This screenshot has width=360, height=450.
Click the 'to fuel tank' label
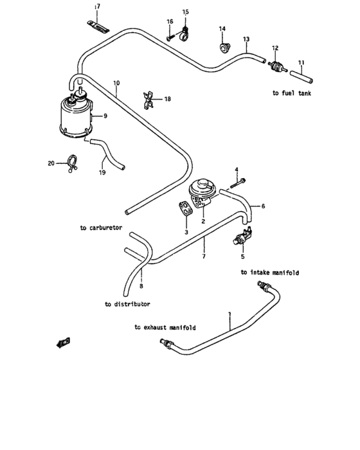point(292,93)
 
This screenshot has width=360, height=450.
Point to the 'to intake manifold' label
point(270,273)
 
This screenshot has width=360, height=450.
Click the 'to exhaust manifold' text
point(165,327)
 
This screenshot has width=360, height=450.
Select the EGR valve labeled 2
point(201,191)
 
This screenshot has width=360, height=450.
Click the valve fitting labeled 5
point(244,236)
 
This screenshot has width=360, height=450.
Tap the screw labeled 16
point(170,39)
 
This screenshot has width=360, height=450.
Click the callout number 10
point(116,84)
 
